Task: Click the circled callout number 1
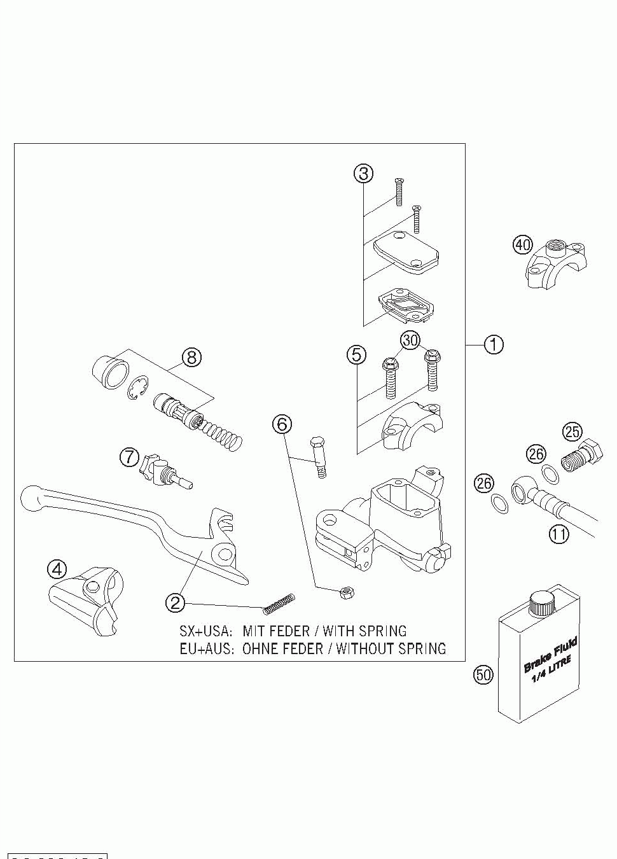[494, 344]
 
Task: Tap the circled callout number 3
[363, 172]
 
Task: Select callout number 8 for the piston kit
[191, 357]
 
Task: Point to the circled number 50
[483, 674]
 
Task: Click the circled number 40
[522, 244]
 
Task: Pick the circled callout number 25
[572, 432]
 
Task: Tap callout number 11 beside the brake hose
[559, 533]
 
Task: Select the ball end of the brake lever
[31, 496]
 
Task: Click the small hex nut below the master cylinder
[347, 593]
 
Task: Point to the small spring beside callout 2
[280, 603]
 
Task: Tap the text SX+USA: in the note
[205, 631]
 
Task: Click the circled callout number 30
[411, 340]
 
